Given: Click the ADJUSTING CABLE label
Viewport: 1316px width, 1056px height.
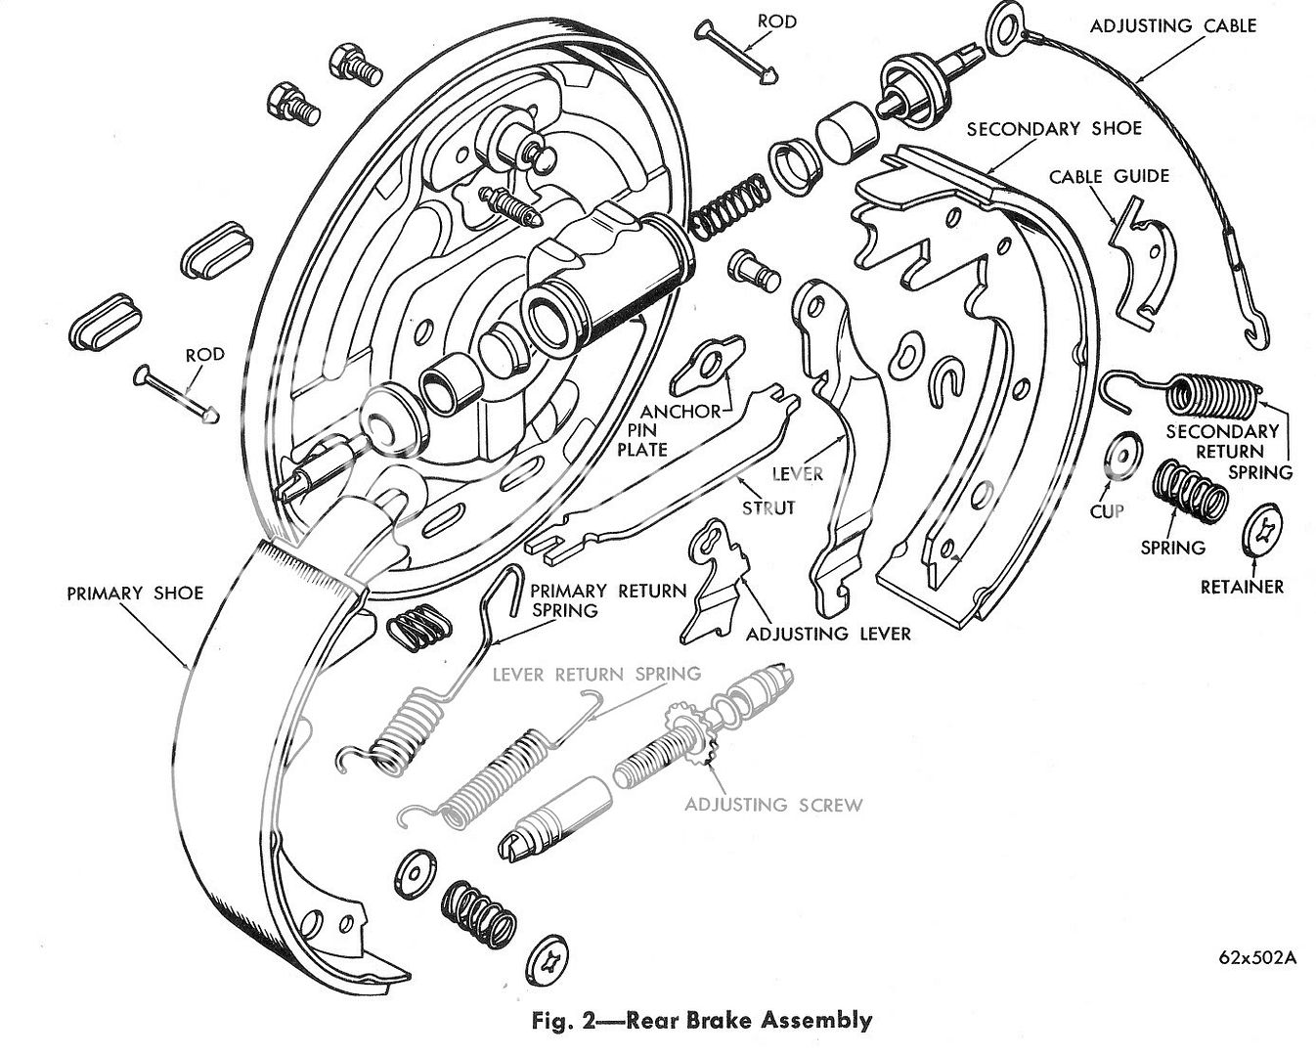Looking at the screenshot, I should (1172, 25).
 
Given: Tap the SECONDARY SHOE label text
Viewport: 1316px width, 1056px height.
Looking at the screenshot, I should (1053, 128).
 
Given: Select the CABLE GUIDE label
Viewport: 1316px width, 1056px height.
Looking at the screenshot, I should (1109, 176).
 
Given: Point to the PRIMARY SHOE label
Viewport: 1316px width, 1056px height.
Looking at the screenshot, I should (135, 593).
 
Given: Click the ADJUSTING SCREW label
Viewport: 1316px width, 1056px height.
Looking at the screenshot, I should (773, 805).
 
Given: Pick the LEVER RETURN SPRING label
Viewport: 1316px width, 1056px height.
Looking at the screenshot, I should (596, 674).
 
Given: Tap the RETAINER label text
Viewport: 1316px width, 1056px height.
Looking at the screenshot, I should (1242, 587).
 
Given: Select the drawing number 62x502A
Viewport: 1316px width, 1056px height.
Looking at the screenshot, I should (1257, 957).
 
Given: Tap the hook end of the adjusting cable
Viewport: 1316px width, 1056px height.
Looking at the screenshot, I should (1255, 328).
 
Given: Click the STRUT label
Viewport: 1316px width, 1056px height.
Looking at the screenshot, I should (768, 507).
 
